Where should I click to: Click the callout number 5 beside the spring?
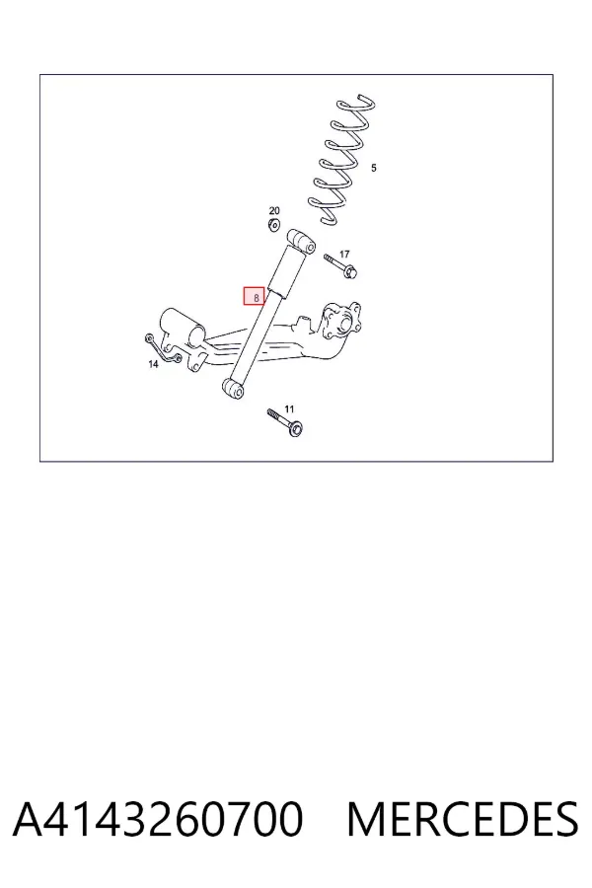coord(373,168)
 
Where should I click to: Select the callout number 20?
coord(274,211)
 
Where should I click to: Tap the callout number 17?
coord(344,255)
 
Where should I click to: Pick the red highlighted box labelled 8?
coord(255,296)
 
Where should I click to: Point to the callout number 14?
coord(153,364)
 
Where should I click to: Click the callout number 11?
coord(289,408)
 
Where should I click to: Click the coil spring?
coord(341,162)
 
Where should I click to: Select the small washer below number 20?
coord(274,225)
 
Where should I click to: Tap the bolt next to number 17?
coord(339,266)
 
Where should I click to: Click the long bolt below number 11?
coord(285,423)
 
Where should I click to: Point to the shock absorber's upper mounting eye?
coord(301,242)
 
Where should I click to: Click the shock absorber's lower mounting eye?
coord(233,389)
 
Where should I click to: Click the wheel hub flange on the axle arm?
coord(341,322)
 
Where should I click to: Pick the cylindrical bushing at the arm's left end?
coord(183,328)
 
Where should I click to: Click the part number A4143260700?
coord(158,819)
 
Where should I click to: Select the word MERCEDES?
coord(463,819)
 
